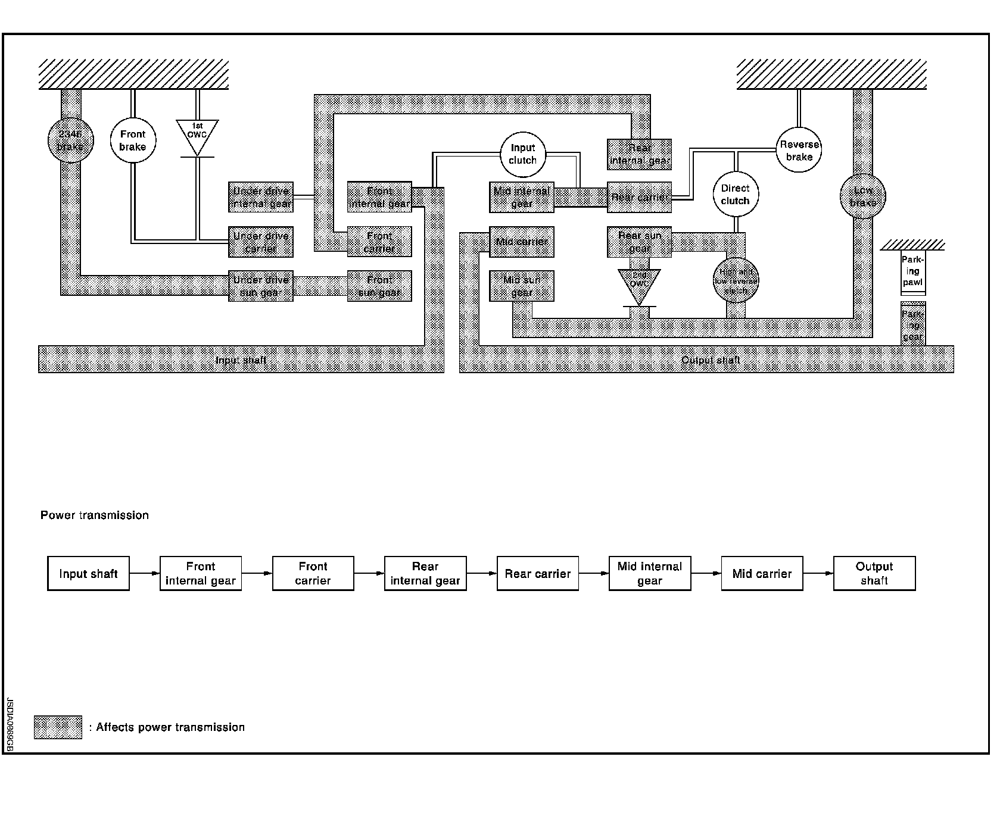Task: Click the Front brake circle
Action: [x=133, y=140]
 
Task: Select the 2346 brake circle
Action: [x=70, y=140]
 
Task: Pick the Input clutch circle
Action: [x=523, y=154]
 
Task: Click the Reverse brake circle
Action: [x=799, y=150]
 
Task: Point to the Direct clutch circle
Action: [x=736, y=195]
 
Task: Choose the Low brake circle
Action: [x=862, y=196]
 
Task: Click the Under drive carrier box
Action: [x=261, y=242]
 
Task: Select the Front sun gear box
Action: [x=379, y=286]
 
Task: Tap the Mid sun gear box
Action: [x=522, y=286]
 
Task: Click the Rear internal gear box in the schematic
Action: [x=640, y=154]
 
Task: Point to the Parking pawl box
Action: [x=912, y=272]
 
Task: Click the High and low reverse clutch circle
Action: [x=736, y=281]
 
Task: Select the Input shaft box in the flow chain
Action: [x=88, y=574]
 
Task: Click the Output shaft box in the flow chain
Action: [x=874, y=574]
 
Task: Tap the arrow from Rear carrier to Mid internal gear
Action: [x=593, y=574]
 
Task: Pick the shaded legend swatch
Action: [x=58, y=727]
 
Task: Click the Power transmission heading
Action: [x=95, y=515]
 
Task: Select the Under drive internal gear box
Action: [x=261, y=197]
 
